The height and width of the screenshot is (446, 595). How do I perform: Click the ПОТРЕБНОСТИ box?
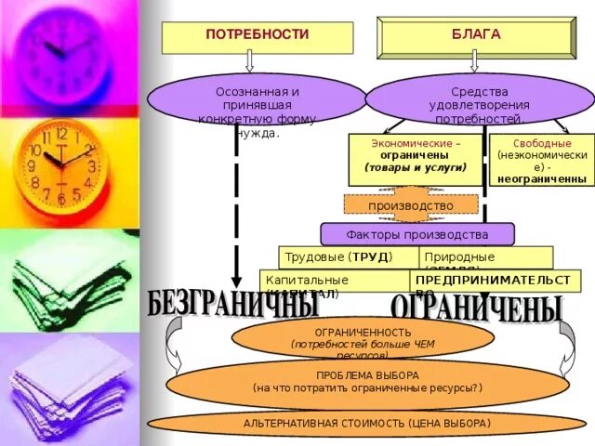click(x=258, y=37)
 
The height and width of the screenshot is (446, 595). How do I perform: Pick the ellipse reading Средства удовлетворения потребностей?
click(x=479, y=101)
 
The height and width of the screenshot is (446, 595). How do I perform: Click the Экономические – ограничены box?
click(x=416, y=159)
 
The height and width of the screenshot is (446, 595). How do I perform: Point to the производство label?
click(x=411, y=205)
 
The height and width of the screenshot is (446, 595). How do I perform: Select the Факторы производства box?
click(x=416, y=234)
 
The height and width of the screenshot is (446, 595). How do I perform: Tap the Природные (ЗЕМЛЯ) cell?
click(x=484, y=257)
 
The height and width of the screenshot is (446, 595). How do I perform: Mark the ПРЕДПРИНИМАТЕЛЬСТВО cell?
click(x=492, y=281)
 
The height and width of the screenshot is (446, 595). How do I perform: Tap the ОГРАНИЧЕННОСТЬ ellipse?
click(x=363, y=340)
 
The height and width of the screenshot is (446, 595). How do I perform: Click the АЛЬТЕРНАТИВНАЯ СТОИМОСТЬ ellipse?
click(x=367, y=424)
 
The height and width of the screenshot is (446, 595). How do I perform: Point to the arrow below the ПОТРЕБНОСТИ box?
click(x=249, y=62)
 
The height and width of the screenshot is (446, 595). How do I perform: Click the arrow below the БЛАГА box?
click(x=475, y=62)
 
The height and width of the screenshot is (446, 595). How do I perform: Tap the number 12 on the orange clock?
click(x=61, y=135)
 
